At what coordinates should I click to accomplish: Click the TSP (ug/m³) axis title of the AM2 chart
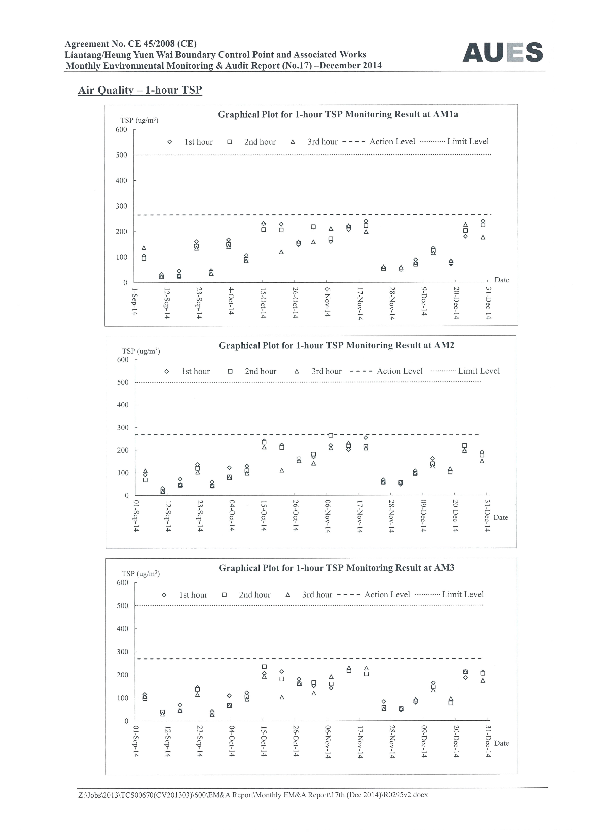click(x=141, y=351)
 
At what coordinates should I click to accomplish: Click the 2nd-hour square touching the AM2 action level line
click(x=331, y=435)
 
